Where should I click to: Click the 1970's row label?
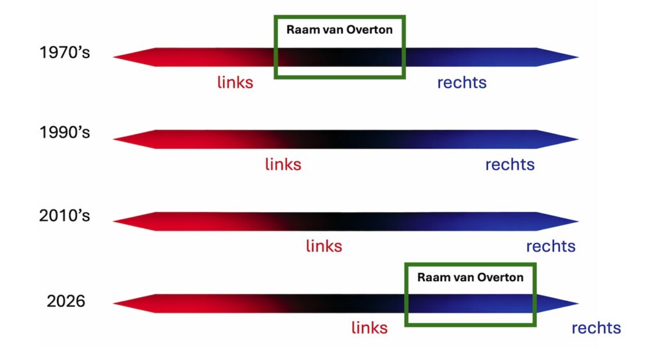[x=65, y=53]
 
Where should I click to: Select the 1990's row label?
[x=65, y=133]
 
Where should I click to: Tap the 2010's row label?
[x=65, y=216]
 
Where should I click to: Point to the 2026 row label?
[x=66, y=301]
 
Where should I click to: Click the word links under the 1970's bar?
[x=235, y=83]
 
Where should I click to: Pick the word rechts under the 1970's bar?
[x=462, y=83]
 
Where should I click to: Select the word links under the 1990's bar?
[x=283, y=165]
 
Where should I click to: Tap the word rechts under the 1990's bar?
[x=510, y=165]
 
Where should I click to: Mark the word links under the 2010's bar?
[x=324, y=246]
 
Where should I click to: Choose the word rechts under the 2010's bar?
[x=551, y=246]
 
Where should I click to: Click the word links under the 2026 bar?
[x=370, y=328]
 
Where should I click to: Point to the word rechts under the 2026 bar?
[x=596, y=328]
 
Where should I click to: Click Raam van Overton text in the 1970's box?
[x=340, y=30]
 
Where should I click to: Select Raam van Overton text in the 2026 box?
[x=470, y=277]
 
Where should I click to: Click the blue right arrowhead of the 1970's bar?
[x=557, y=57]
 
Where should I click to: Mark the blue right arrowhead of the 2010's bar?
[x=557, y=221]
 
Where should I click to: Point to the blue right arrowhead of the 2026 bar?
[x=557, y=303]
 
